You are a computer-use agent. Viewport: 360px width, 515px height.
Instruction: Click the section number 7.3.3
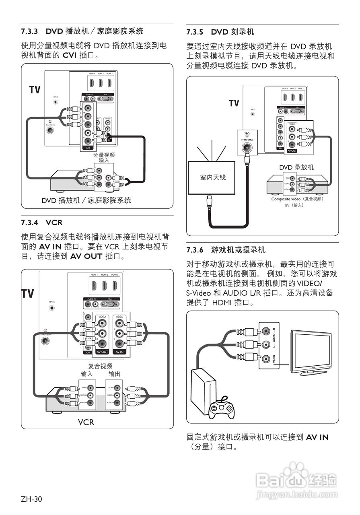click(x=29, y=31)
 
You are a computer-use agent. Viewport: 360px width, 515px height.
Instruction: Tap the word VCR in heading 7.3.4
click(x=54, y=222)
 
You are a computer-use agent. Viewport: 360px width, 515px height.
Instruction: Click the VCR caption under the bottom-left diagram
click(x=86, y=422)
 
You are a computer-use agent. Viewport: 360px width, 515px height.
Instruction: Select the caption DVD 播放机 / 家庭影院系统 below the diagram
click(x=86, y=200)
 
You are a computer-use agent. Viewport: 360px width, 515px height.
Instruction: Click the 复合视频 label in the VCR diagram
click(x=100, y=366)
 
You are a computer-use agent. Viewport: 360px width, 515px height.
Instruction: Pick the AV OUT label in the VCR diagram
click(x=103, y=352)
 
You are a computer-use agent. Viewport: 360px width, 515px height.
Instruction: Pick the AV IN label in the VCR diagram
click(x=119, y=352)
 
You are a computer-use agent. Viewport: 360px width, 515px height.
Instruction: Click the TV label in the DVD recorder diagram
click(x=234, y=103)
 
